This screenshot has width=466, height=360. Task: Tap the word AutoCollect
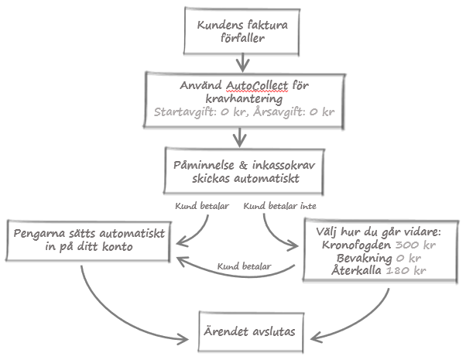pyautogui.click(x=257, y=86)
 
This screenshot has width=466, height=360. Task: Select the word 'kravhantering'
pyautogui.click(x=244, y=99)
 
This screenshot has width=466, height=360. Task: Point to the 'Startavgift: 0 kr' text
pyautogui.click(x=199, y=112)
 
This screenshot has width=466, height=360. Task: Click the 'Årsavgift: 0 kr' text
pyautogui.click(x=294, y=111)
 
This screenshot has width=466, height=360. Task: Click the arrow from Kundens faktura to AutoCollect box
pyautogui.click(x=243, y=63)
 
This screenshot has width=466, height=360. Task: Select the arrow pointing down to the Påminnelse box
pyautogui.click(x=239, y=137)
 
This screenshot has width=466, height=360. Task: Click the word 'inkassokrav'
pyautogui.click(x=283, y=165)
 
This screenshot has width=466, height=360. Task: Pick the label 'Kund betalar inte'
pyautogui.click(x=279, y=206)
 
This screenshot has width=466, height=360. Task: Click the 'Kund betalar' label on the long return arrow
pyautogui.click(x=244, y=266)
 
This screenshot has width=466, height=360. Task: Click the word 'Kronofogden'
pyautogui.click(x=356, y=245)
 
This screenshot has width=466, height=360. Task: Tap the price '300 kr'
pyautogui.click(x=416, y=245)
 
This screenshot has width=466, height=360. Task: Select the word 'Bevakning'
pyautogui.click(x=365, y=258)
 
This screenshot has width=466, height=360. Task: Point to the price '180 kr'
pyautogui.click(x=406, y=270)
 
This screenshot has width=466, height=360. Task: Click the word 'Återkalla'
pyautogui.click(x=356, y=270)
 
